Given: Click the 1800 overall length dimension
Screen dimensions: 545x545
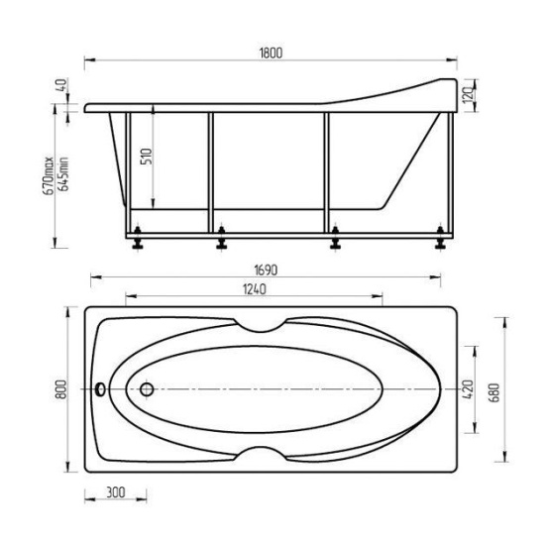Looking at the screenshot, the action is point(271,54).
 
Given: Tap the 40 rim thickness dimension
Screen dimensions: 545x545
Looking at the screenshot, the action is point(61,85).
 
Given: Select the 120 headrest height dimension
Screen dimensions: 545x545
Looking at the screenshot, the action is point(469,93).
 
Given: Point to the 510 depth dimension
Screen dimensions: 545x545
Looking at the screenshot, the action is point(147,157).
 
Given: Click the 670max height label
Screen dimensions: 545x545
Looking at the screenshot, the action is point(49,175).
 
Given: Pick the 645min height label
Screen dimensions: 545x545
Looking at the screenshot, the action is point(63,173).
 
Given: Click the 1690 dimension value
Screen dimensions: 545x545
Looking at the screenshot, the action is point(266,271).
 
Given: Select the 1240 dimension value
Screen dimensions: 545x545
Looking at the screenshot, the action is point(255,289).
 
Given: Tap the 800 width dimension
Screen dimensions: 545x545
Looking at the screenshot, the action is point(61,389).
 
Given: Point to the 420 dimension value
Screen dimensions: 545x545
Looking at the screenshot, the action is point(468,389).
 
